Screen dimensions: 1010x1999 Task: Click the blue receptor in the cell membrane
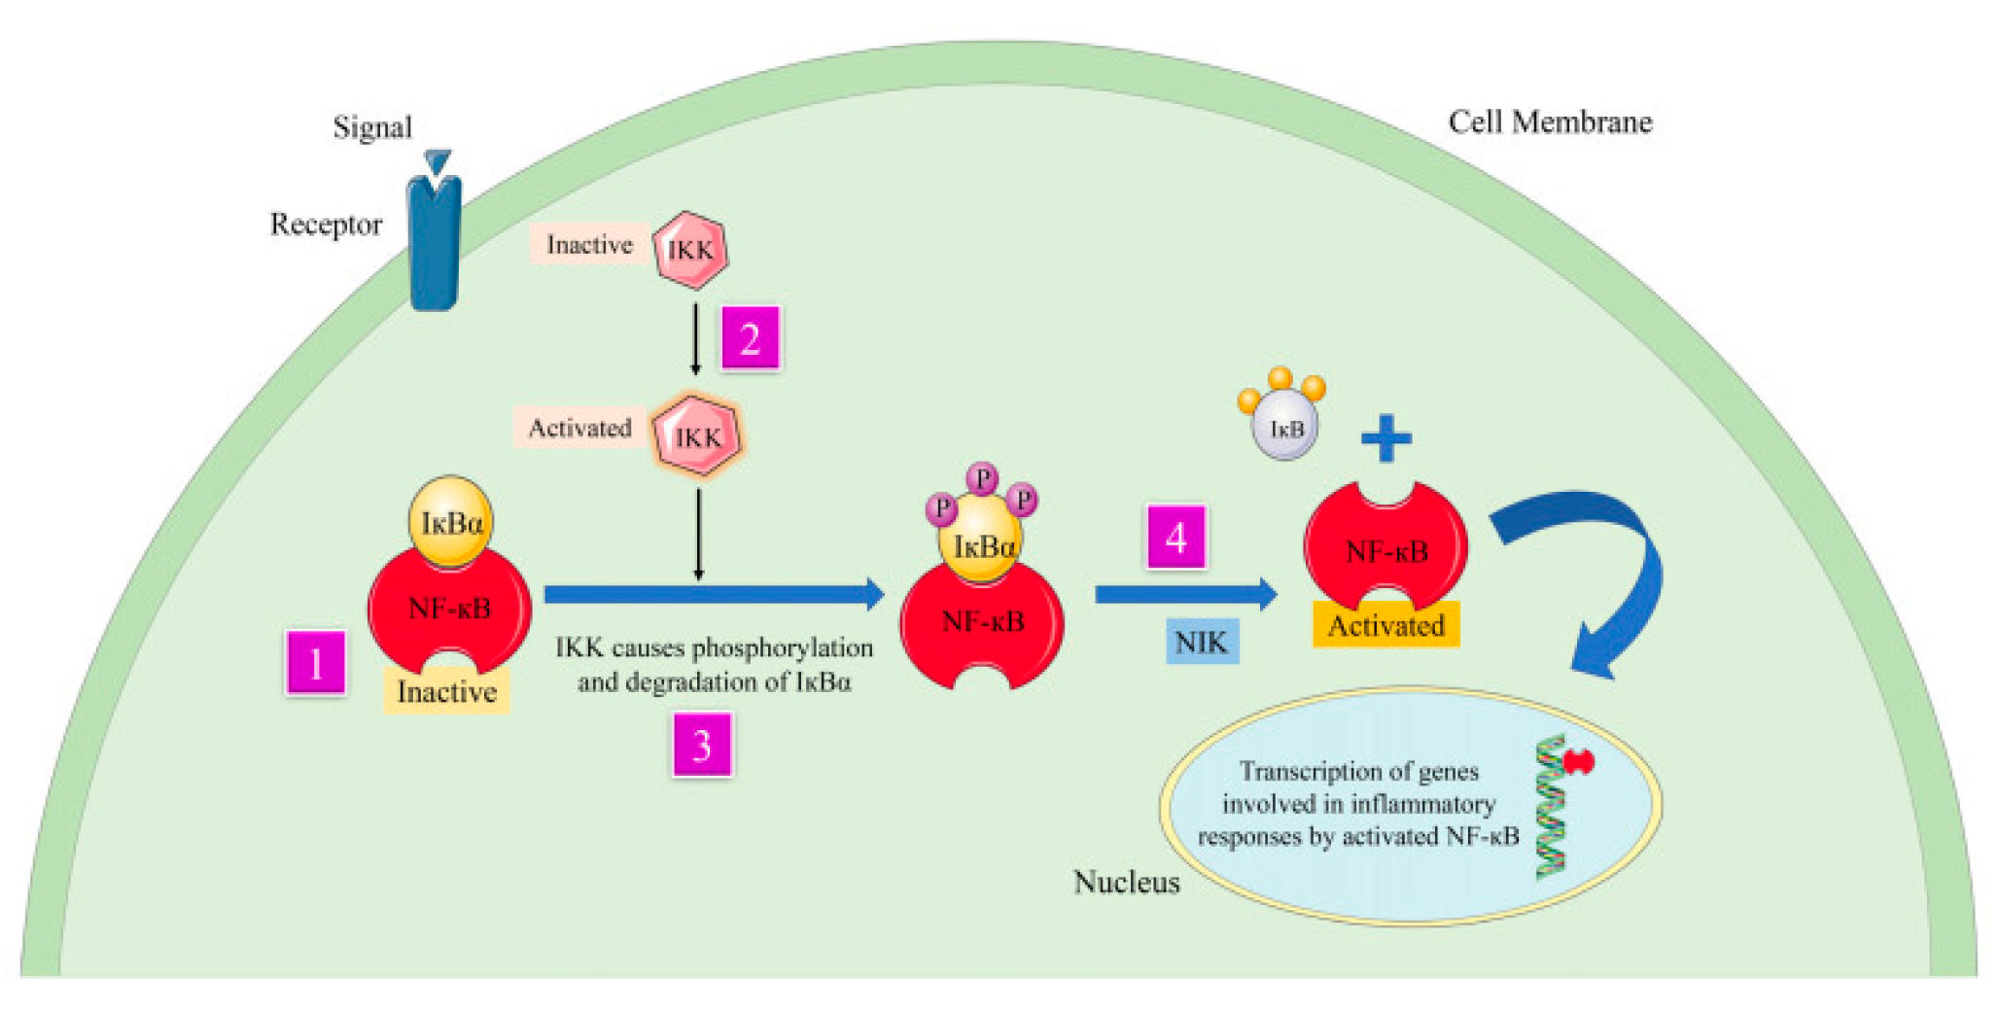tap(434, 248)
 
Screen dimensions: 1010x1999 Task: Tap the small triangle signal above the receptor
tap(438, 161)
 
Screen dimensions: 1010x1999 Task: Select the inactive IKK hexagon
tap(690, 250)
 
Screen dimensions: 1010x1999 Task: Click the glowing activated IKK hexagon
tap(697, 436)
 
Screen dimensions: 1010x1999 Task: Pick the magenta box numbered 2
tap(750, 338)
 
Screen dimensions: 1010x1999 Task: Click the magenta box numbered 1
tap(316, 664)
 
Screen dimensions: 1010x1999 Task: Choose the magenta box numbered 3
tap(702, 745)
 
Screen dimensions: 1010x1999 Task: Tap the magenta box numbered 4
tap(1176, 537)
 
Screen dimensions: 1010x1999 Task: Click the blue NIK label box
tap(1202, 642)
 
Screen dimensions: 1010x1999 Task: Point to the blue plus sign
tap(1385, 438)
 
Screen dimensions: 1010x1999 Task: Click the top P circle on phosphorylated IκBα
tap(983, 478)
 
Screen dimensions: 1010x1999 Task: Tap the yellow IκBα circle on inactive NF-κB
tap(450, 522)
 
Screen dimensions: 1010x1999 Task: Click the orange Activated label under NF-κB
tap(1385, 625)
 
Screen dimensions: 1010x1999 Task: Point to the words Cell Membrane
tap(1550, 122)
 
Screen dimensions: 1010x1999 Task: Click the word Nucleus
tap(1126, 882)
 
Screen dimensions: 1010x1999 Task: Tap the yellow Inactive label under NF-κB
tap(446, 692)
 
